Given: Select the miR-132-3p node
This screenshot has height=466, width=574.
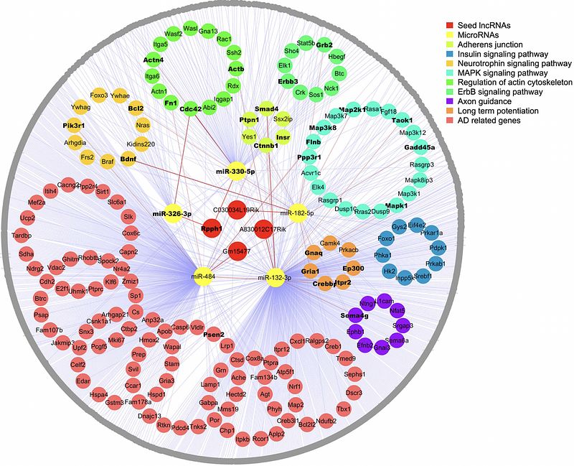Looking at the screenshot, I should pos(277,277).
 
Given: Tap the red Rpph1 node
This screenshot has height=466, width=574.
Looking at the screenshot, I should pos(211,228).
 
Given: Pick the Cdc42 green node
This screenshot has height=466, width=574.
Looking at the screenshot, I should pos(190,109).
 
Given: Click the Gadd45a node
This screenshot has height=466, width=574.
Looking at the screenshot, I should pos(419,147).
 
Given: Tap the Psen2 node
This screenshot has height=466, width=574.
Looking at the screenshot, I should pos(214,335).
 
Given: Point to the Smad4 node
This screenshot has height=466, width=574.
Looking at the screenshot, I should pos(266,108).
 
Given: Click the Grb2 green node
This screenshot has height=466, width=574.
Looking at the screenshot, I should pos(324,45).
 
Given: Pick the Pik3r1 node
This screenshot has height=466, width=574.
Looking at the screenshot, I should pos(74,126).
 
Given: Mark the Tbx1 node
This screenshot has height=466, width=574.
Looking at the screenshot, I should pos(344,409).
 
